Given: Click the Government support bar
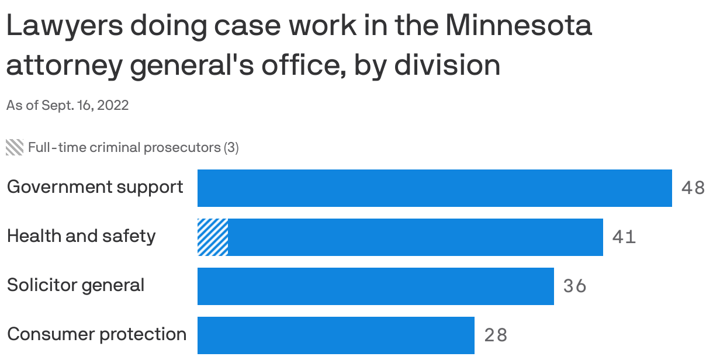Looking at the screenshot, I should click(434, 188).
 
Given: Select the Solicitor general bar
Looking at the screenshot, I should click(375, 286).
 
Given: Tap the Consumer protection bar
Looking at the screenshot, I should click(335, 335).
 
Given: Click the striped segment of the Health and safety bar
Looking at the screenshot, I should click(213, 237).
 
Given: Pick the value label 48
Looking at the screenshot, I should click(693, 188).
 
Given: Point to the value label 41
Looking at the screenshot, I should click(624, 237).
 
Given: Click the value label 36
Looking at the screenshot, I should click(574, 286).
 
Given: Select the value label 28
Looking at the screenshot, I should click(496, 335).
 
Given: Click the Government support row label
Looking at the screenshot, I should click(95, 187).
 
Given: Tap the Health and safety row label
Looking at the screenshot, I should click(81, 236).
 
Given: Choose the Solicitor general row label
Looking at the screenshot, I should click(75, 285).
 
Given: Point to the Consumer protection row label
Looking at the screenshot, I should click(96, 334).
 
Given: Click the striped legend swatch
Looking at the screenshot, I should click(15, 147).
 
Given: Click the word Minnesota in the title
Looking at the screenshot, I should click(518, 26).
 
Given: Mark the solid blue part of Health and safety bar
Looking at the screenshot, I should click(415, 237).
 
